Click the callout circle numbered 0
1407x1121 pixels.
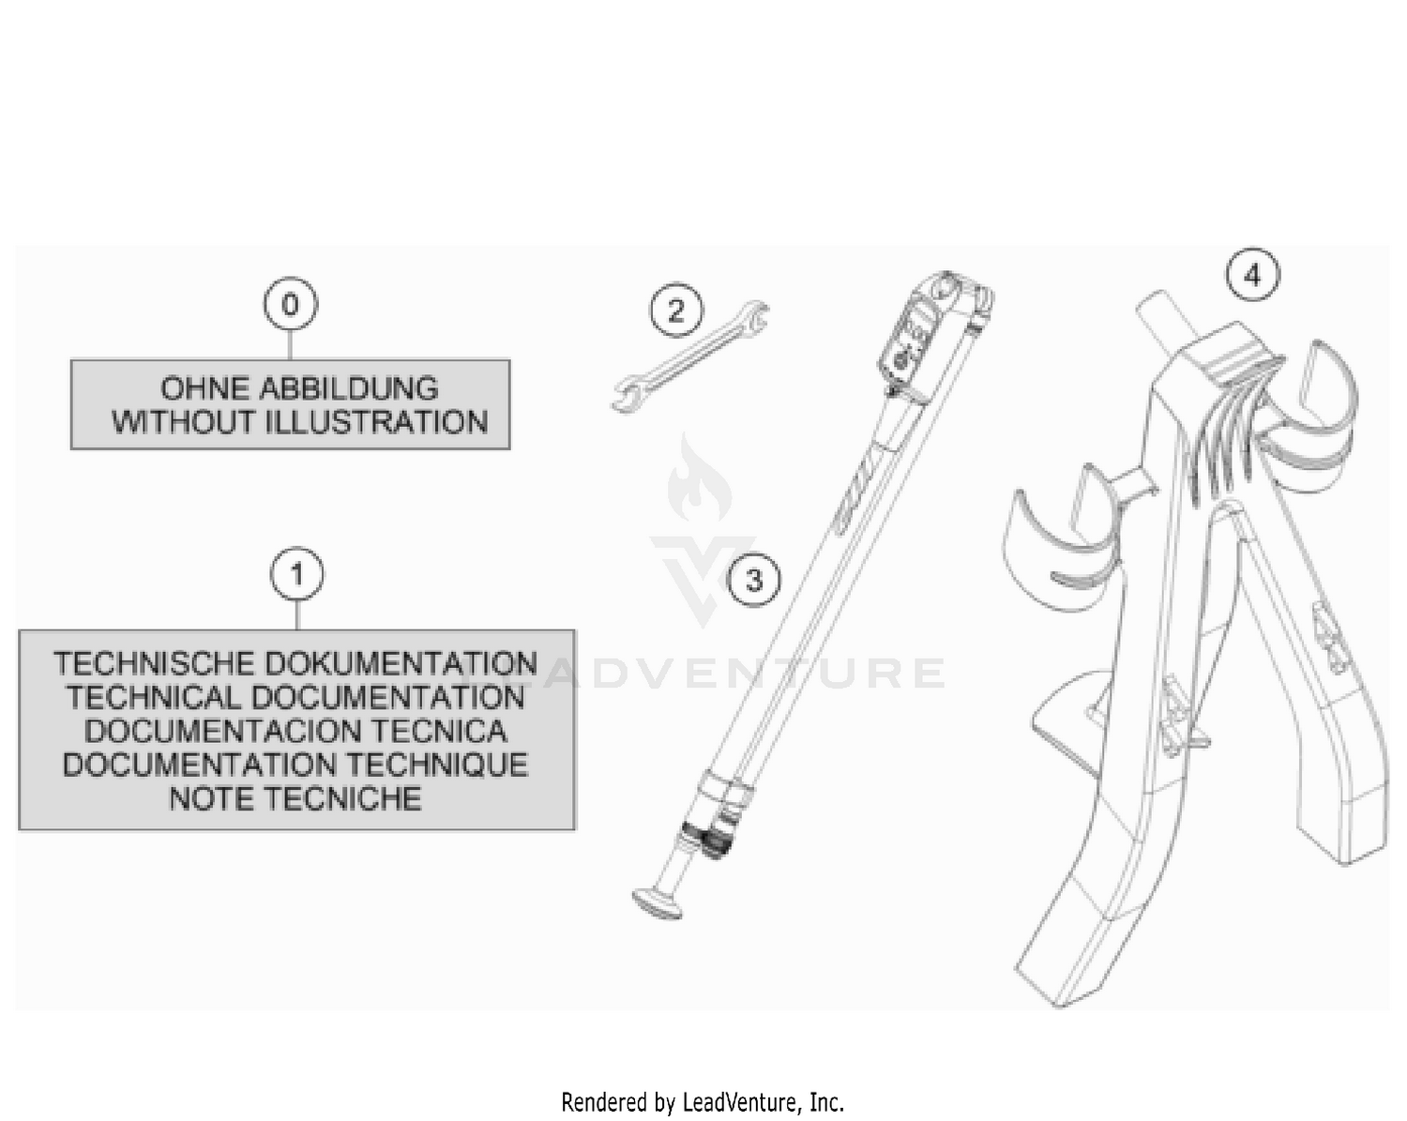(290, 304)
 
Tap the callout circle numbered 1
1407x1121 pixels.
(296, 574)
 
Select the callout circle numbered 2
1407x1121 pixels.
(676, 310)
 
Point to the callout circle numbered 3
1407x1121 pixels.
(754, 580)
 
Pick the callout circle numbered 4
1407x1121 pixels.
(1252, 275)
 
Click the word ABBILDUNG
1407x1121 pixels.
(349, 389)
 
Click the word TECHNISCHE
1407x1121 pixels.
(154, 663)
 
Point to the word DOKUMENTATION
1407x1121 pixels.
(401, 663)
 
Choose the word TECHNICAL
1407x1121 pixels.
(154, 697)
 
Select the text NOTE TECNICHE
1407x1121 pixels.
(295, 798)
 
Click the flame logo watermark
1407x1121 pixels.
(698, 477)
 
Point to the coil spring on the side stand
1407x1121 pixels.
(708, 841)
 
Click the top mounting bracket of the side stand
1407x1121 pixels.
(938, 334)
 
